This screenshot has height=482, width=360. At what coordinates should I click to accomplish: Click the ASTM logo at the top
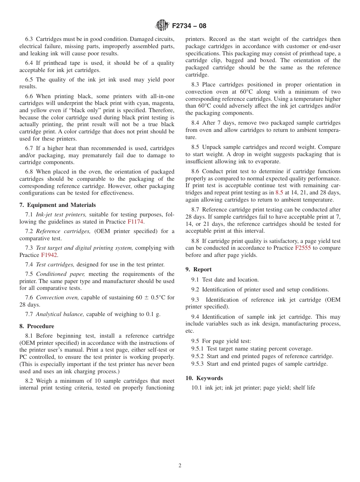(163, 25)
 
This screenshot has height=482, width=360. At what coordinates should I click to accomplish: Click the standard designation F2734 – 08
(189, 26)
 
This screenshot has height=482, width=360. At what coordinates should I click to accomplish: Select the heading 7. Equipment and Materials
(58, 205)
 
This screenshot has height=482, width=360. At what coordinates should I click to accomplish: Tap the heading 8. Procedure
(37, 326)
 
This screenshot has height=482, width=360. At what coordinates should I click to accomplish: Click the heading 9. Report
(199, 269)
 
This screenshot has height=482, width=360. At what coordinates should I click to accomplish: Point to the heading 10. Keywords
(204, 378)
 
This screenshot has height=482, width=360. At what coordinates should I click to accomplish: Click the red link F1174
(136, 222)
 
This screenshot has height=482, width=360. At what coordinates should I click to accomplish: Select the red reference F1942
(49, 255)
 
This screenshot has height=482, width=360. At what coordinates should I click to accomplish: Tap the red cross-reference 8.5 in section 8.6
(279, 192)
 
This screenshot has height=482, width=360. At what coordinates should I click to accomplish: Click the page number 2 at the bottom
(180, 466)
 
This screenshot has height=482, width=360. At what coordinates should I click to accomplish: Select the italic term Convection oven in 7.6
(58, 297)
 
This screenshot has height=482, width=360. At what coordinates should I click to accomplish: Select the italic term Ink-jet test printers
(61, 215)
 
